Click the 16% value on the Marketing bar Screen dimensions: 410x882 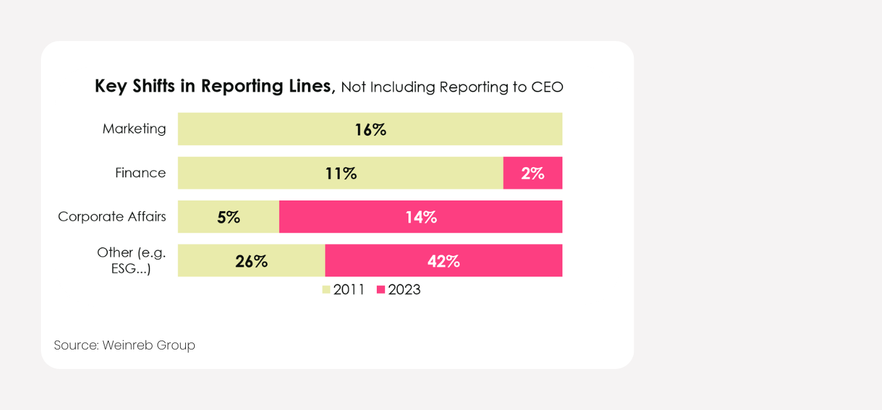[x=370, y=130]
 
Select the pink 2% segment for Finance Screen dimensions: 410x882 [x=532, y=173]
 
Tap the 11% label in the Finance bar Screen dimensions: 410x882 [x=341, y=173]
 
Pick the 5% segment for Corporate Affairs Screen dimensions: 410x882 [x=229, y=217]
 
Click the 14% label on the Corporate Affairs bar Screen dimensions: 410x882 [x=421, y=217]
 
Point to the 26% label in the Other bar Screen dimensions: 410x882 [x=251, y=261]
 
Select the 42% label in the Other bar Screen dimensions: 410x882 [x=444, y=261]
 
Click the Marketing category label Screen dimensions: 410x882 [x=134, y=129]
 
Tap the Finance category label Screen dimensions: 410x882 [x=140, y=173]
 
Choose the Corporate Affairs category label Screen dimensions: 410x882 [x=112, y=216]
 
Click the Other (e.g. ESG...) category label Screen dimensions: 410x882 [x=131, y=261]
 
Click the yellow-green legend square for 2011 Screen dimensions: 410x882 [x=326, y=290]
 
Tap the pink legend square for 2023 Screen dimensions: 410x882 [x=381, y=290]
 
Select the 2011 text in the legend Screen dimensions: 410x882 [x=349, y=290]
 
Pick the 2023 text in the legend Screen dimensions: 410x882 [x=404, y=290]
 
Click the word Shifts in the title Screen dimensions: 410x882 [x=152, y=86]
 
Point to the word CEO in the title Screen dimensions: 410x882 [x=547, y=87]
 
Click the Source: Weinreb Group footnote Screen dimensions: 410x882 [x=125, y=346]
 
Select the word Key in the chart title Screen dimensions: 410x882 [x=108, y=86]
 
